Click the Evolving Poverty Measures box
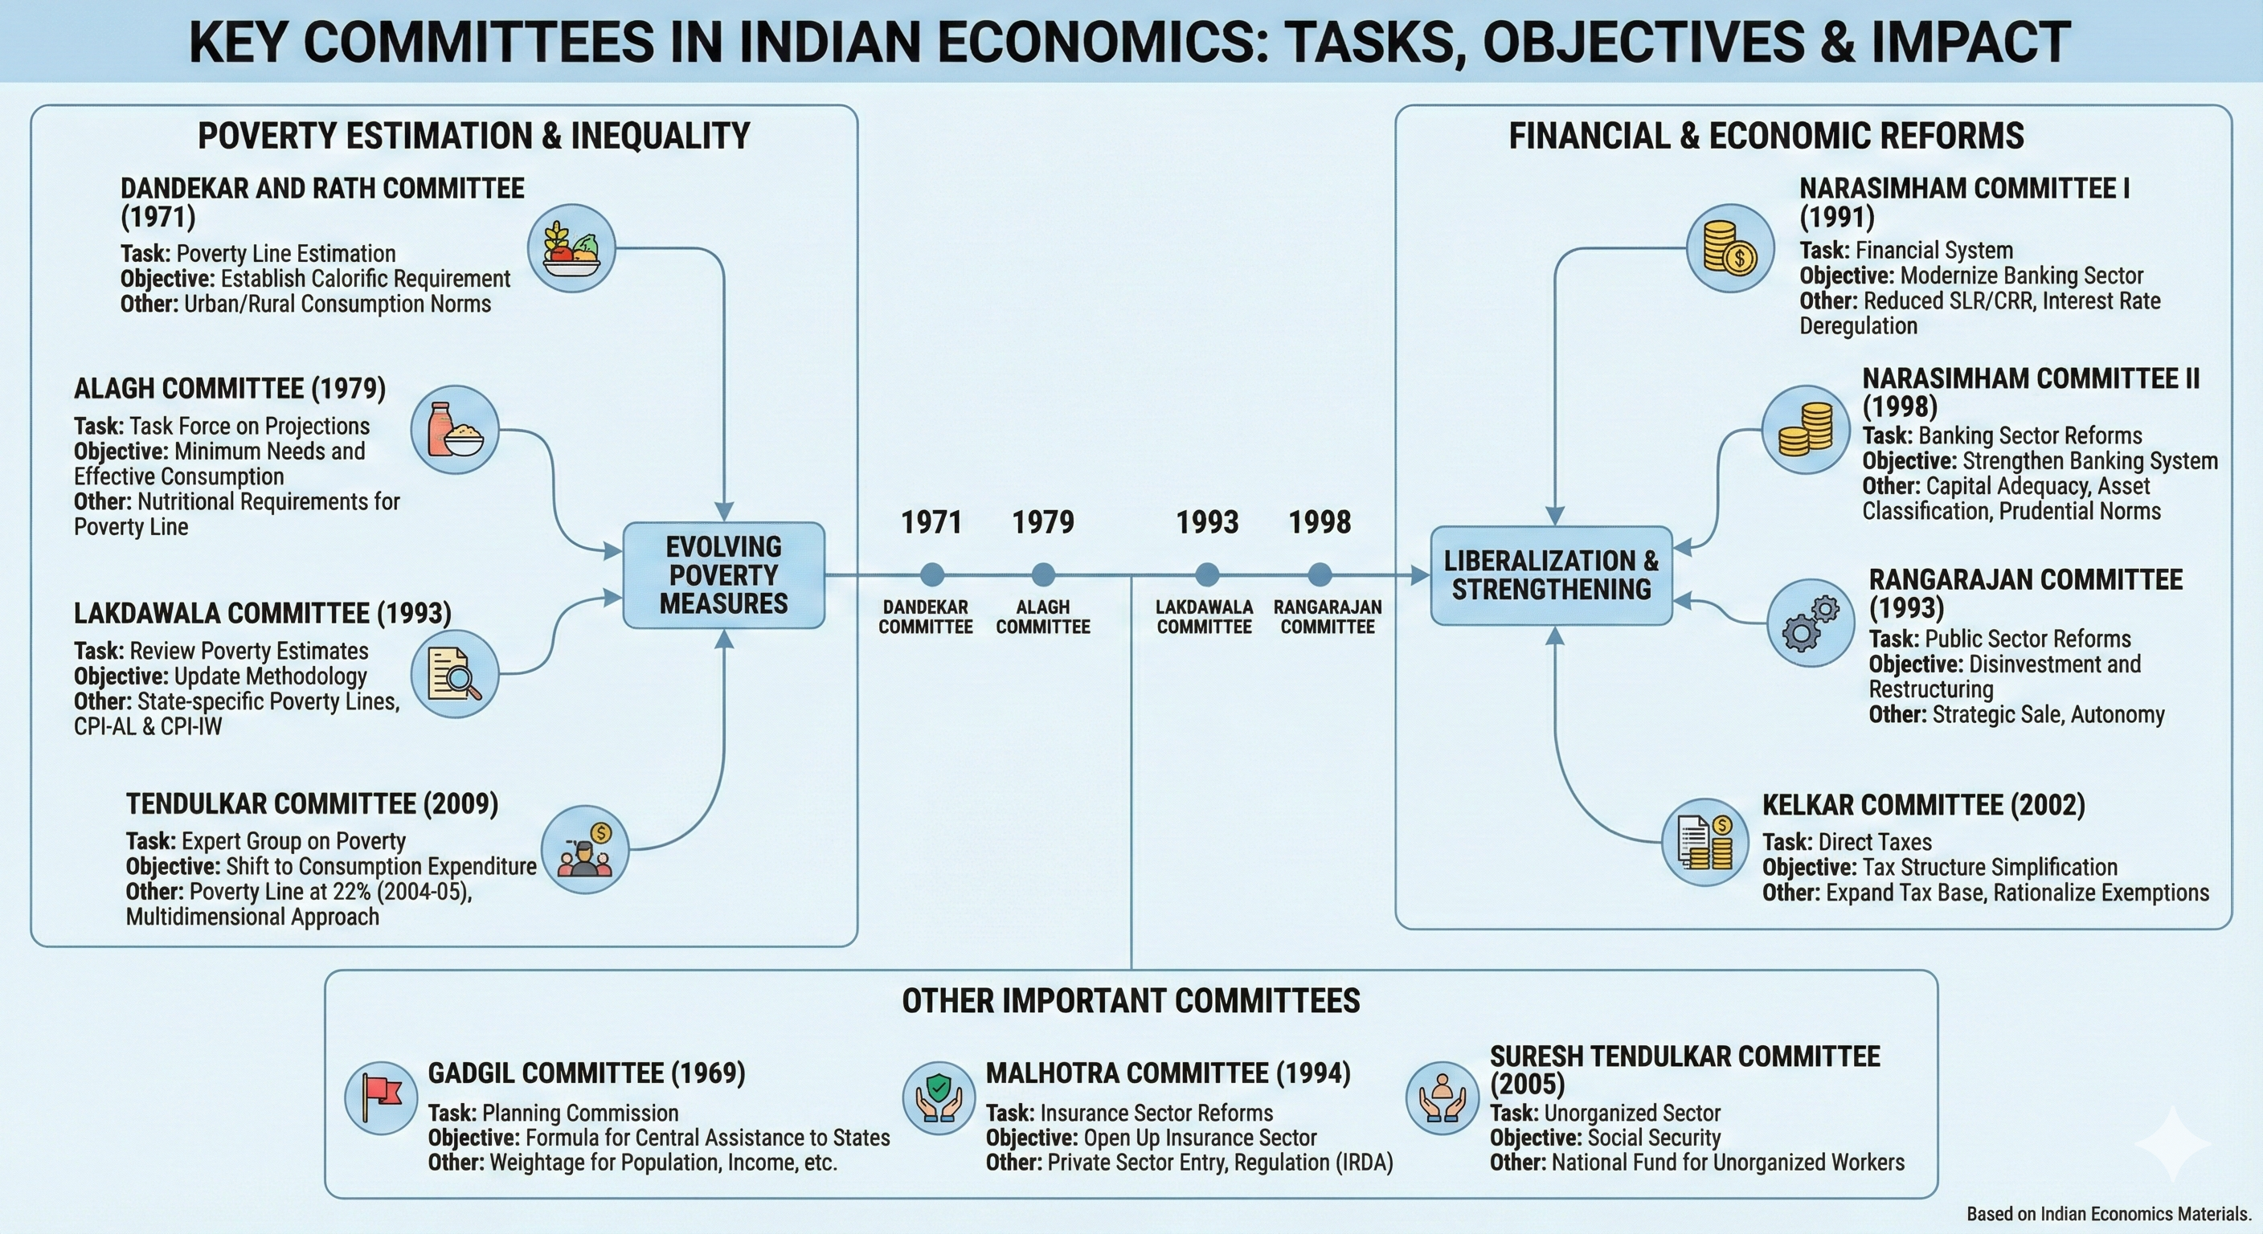(724, 575)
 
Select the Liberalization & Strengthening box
(1552, 575)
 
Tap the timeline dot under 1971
(932, 575)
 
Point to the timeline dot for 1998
(1320, 575)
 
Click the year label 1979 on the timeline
(1043, 522)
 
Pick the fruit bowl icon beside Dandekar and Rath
(572, 248)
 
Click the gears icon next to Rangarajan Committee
(1811, 623)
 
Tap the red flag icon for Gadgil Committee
(380, 1098)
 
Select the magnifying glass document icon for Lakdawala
(455, 674)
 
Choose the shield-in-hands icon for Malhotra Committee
(939, 1098)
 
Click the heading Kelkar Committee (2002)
(1923, 804)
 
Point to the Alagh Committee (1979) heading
(229, 388)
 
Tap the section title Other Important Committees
(1131, 1001)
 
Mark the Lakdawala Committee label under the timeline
(1205, 616)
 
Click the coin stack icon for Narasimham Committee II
(1805, 430)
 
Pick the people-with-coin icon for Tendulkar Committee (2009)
(585, 849)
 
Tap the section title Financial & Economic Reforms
(1766, 136)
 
